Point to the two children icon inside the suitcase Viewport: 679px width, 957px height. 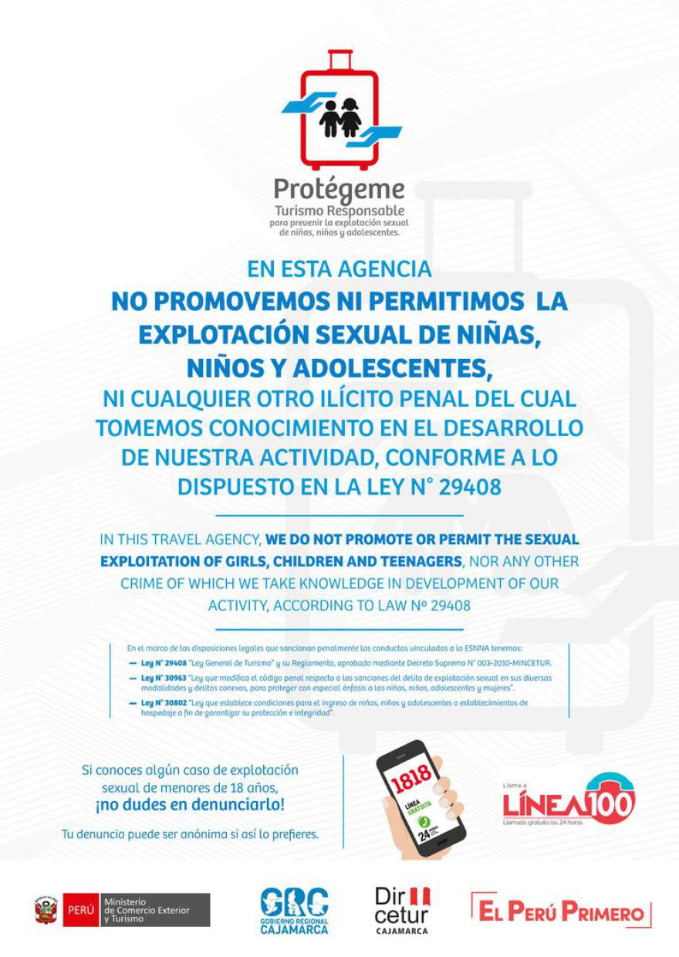(x=340, y=117)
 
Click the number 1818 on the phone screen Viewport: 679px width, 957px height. (x=411, y=780)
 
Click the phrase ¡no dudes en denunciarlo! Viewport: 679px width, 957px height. (x=190, y=805)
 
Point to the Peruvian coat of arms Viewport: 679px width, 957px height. (x=46, y=910)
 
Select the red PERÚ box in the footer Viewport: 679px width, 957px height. (x=80, y=910)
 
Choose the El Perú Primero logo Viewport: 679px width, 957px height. (x=561, y=911)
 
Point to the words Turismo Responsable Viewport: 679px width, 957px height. (x=339, y=211)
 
